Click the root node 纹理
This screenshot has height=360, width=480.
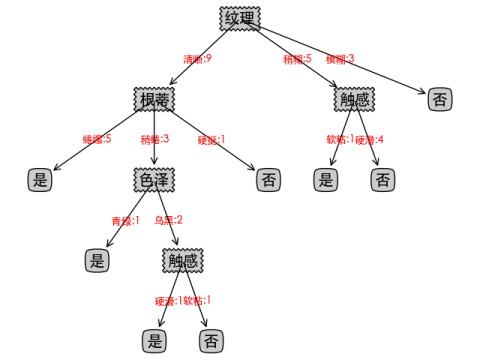pos(240,18)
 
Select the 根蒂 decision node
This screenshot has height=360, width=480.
pos(154,99)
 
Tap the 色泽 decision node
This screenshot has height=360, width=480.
pos(154,180)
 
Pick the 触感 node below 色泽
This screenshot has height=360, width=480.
pos(182,261)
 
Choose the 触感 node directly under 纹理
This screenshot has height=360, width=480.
pos(354,99)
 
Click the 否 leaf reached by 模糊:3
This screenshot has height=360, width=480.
pos(439,99)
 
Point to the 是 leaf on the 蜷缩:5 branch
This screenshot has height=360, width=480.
pos(40,180)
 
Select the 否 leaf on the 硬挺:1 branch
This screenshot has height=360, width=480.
pos(268,180)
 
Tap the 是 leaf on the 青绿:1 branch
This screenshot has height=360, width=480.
pos(97,261)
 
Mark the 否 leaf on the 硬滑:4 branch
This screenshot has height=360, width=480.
pos(382,180)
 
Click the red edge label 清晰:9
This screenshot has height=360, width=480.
pos(197,59)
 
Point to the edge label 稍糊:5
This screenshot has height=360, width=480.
pos(298,59)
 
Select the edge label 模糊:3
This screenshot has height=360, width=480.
pos(340,59)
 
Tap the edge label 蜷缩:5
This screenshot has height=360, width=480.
pos(97,139)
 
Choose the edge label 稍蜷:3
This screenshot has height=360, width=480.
pos(154,139)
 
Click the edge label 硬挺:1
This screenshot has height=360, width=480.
pos(211,139)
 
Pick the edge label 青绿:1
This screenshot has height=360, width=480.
pos(125,220)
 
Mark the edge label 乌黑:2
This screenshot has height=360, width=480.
pos(168,220)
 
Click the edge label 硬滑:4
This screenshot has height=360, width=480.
pos(369,139)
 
